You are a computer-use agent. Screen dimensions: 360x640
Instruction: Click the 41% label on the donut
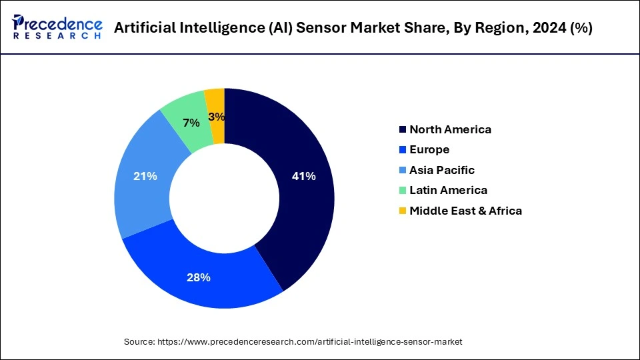tap(303, 177)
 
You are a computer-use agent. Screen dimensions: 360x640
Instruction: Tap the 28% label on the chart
tap(199, 277)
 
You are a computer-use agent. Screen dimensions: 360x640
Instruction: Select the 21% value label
tap(145, 177)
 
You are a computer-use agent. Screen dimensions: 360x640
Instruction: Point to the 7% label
tap(192, 123)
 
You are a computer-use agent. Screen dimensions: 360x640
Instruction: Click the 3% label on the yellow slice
tap(216, 117)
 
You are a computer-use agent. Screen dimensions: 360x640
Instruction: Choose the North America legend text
tap(450, 129)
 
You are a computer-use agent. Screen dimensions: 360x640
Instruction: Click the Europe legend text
tap(429, 149)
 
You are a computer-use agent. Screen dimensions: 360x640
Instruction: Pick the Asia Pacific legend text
tap(442, 170)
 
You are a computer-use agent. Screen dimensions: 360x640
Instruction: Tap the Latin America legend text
tap(448, 190)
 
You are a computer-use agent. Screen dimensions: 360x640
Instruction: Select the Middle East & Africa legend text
tap(465, 211)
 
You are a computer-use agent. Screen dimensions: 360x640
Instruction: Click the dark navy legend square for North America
tap(402, 129)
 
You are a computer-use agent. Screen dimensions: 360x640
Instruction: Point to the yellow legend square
tap(402, 211)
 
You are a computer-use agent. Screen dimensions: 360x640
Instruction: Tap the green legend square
tap(402, 190)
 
